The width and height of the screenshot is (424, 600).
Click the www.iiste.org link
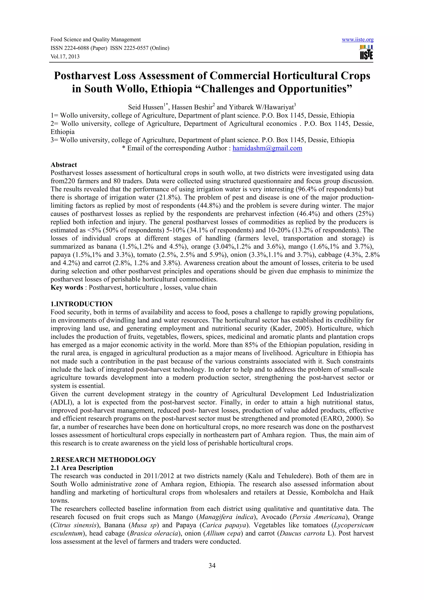357,40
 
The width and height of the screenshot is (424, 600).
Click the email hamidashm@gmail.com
267,148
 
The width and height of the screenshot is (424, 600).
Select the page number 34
212,566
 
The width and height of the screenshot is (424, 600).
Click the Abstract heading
64,165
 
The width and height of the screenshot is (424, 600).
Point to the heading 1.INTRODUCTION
82,304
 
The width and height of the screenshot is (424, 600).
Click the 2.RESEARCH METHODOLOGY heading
103,460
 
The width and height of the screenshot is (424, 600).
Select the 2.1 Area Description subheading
82,468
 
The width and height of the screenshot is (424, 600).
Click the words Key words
67,288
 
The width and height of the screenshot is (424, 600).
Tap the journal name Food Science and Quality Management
95,40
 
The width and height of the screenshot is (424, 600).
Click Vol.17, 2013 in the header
65,57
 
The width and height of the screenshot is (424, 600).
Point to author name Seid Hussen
146,107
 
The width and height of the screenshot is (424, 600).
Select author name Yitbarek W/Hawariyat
261,107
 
